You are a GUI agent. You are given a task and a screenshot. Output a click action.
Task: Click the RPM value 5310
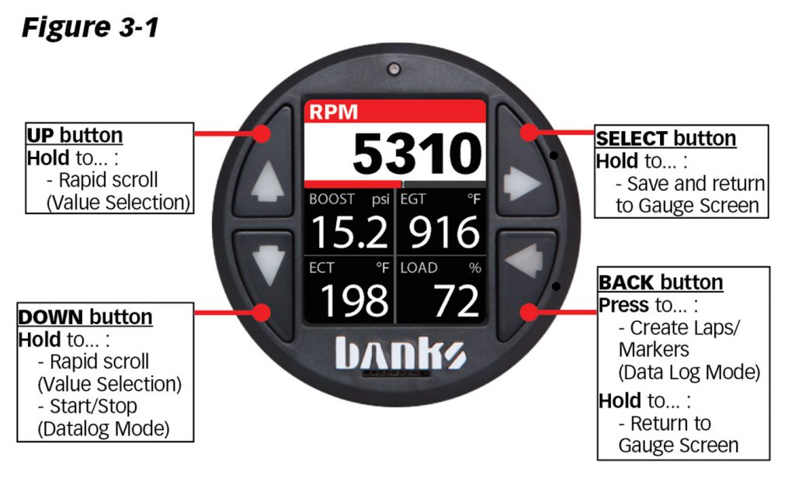[416, 154]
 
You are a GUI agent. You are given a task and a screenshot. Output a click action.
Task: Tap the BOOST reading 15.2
[350, 232]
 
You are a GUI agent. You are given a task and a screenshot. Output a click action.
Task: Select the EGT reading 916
[440, 232]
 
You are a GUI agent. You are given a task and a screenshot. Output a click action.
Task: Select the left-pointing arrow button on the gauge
[522, 264]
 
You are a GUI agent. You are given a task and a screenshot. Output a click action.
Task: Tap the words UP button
[75, 135]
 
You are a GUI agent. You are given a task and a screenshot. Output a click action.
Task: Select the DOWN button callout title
[85, 317]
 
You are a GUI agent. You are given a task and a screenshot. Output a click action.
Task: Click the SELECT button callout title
[665, 138]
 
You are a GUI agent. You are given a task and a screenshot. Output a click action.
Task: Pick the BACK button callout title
[661, 282]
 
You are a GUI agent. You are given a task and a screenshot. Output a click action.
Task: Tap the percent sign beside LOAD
[474, 268]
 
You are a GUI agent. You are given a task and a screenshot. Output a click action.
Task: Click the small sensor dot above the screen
[395, 67]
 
